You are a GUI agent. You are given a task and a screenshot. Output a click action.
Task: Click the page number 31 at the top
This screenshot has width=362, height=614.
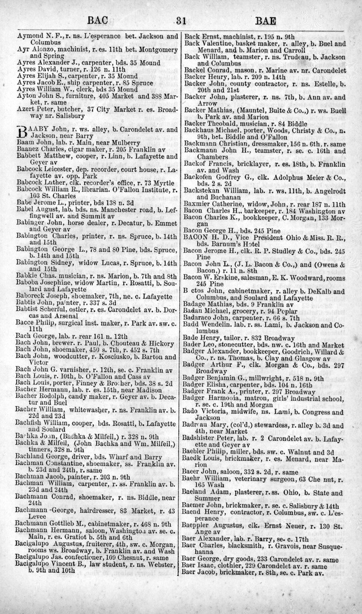181,22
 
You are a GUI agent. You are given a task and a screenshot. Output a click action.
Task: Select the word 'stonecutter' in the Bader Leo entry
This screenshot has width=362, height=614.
238,343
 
